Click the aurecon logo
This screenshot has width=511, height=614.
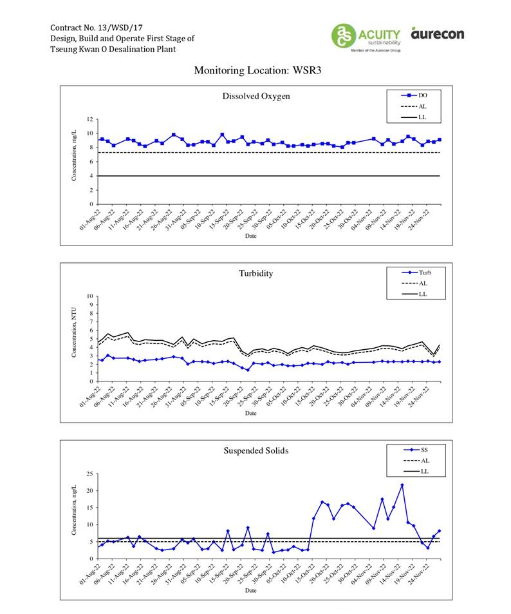coord(438,33)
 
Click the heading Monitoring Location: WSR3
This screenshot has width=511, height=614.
coord(257,70)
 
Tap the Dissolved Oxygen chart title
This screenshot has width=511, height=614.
coord(256,96)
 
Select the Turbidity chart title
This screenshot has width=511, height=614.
coord(256,273)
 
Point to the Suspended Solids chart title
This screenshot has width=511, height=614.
coord(256,450)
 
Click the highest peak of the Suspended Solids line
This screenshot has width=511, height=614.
coord(402,484)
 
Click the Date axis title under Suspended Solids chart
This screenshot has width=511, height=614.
coord(250,590)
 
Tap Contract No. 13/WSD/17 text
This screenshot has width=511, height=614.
coord(95,28)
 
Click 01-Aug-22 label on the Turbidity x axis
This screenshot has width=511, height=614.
coord(91,395)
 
